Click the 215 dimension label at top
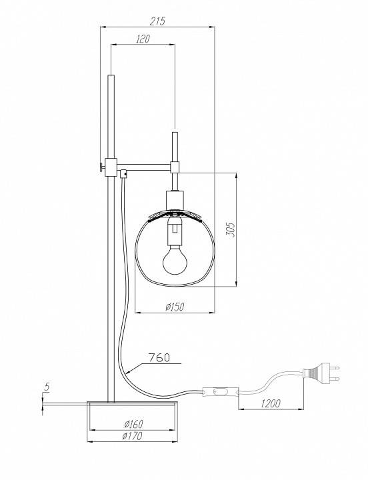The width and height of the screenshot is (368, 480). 157,21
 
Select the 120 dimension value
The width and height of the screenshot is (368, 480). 142,39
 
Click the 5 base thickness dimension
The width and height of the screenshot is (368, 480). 45,386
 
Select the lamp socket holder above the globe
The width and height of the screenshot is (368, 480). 175,199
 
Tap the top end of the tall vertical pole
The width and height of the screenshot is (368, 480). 111,79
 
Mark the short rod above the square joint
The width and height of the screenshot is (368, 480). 175,146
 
